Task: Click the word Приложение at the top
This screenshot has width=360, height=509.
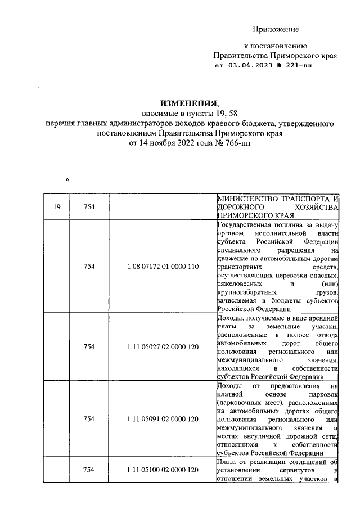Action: (x=276, y=29)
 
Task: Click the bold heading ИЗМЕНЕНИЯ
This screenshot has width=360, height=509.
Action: (x=188, y=103)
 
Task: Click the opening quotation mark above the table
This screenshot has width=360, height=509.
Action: (x=67, y=180)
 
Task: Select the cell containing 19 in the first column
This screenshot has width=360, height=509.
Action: (x=57, y=208)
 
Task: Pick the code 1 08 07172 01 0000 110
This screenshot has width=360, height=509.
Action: (x=162, y=266)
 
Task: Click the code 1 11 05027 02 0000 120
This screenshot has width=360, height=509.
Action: (x=162, y=347)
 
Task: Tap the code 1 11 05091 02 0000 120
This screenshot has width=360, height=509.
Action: (x=162, y=419)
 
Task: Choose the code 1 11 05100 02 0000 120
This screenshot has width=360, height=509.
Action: (x=162, y=469)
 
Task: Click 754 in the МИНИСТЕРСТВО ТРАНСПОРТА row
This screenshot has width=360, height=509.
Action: (x=89, y=208)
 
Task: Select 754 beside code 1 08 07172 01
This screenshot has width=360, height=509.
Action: (x=89, y=266)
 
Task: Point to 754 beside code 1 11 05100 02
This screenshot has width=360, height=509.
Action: (x=89, y=469)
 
